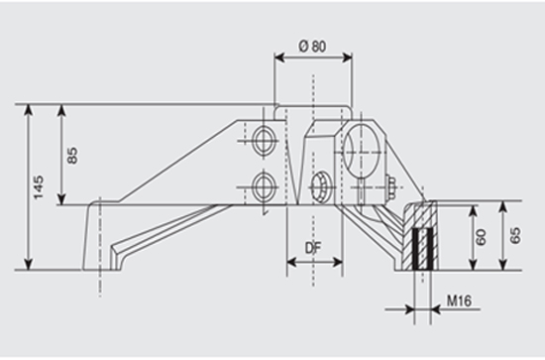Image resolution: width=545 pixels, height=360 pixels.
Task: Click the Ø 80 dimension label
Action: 312,47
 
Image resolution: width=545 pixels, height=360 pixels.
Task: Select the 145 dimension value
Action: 39,187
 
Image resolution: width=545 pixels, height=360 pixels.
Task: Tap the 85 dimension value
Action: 72,156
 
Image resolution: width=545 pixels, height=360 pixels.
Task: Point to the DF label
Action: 313,248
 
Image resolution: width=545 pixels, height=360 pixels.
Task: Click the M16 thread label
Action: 459,300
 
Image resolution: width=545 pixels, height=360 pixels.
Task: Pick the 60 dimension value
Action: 481,237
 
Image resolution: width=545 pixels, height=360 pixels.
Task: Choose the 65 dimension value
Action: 516,235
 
